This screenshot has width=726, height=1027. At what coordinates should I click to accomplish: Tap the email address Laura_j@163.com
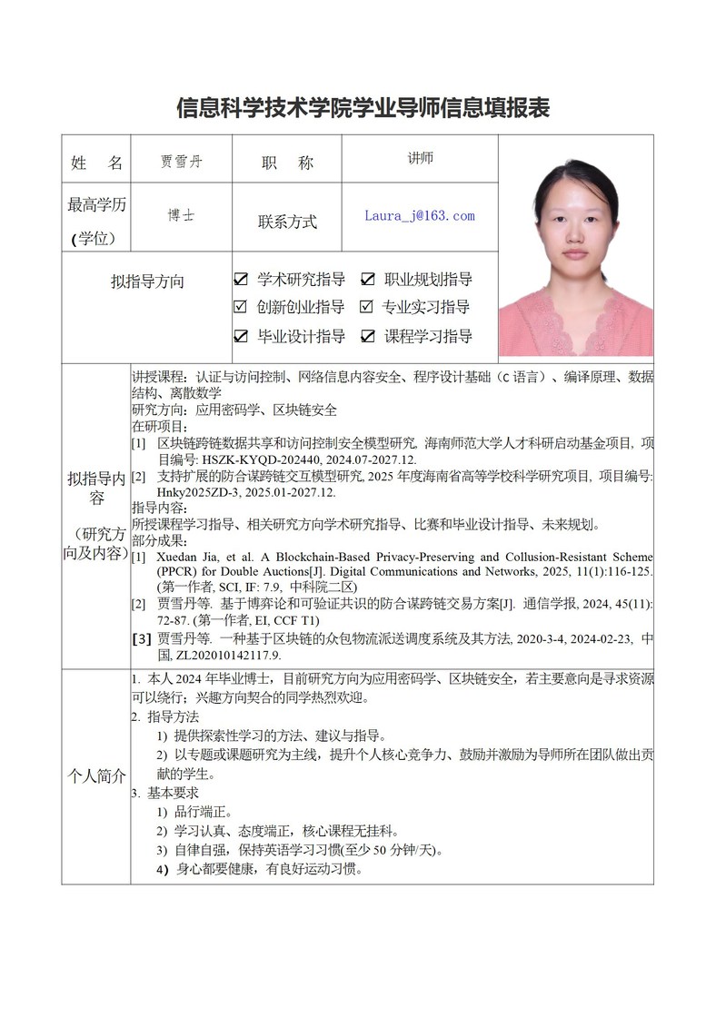[419, 216]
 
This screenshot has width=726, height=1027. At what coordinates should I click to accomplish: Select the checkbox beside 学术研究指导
[242, 280]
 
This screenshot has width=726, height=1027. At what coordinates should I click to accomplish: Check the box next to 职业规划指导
[368, 280]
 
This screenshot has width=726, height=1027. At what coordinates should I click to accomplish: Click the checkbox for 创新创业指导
[242, 307]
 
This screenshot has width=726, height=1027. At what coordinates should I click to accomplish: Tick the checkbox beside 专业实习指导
[367, 307]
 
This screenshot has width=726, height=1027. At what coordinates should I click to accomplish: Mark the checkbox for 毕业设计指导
[242, 336]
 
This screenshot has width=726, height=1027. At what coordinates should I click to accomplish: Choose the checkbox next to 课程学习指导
[368, 336]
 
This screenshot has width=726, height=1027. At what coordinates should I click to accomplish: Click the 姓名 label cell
[96, 163]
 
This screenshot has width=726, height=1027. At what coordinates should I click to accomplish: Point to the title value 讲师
[420, 158]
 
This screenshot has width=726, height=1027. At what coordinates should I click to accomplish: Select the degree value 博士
[181, 216]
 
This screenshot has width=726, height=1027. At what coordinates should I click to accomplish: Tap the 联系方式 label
[287, 222]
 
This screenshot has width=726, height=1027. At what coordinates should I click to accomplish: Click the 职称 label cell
[287, 163]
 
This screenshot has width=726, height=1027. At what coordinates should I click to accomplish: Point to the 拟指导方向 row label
[147, 281]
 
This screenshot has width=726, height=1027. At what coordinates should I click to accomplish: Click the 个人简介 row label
[96, 777]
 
